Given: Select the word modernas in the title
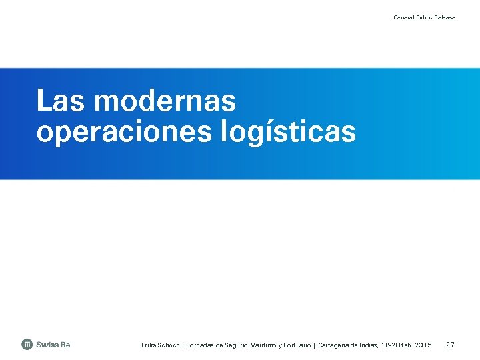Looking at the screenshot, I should (x=165, y=102).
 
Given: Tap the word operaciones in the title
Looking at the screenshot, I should (x=123, y=132).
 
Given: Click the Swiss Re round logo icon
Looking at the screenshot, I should (x=27, y=345).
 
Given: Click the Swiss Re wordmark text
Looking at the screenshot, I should (x=53, y=345).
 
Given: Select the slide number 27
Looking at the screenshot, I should (x=450, y=345).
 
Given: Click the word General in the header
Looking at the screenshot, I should (x=403, y=17).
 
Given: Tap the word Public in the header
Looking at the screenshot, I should (x=425, y=17).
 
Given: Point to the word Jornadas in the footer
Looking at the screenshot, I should (x=201, y=345).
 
